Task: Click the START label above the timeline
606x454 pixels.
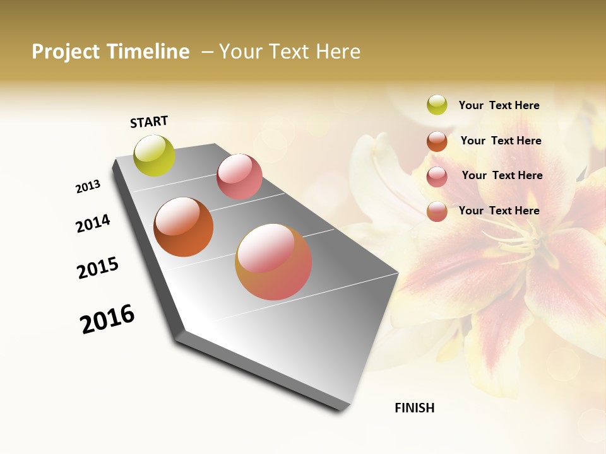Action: tap(149, 122)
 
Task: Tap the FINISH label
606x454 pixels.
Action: tap(415, 408)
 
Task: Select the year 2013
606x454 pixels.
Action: tap(88, 187)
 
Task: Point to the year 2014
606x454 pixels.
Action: tap(93, 223)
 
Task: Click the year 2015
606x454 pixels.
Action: tap(98, 267)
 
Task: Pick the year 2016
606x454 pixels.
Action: tap(107, 318)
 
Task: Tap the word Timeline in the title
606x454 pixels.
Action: tap(148, 52)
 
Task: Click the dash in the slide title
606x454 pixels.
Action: tap(207, 52)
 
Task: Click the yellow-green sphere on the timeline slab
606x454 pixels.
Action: tap(154, 155)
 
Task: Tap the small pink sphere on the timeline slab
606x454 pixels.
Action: tap(239, 177)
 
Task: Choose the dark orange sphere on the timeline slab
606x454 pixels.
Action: tap(183, 227)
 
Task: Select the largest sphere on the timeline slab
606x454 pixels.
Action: tap(273, 261)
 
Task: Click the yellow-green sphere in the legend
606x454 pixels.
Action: tap(437, 105)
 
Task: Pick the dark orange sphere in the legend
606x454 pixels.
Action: tap(437, 141)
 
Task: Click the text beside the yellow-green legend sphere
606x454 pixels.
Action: tap(499, 105)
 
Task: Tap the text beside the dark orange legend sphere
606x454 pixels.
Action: tap(501, 141)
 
